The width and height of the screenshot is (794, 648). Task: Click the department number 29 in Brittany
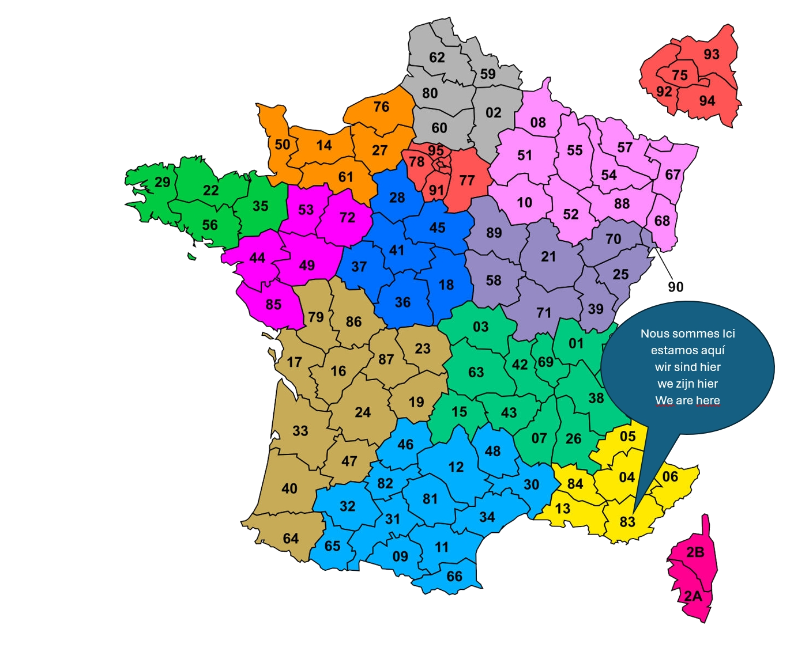[x=163, y=182]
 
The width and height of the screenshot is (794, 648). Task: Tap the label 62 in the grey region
[x=437, y=57]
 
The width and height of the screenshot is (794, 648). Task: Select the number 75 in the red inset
[x=680, y=75]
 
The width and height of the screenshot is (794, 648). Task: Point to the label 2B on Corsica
[x=695, y=552]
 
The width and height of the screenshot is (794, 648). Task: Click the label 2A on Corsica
[x=693, y=596]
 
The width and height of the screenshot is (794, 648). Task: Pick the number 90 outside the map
[x=676, y=286]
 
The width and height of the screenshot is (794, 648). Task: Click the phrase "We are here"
[x=687, y=400]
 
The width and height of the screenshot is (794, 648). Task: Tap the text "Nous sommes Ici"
[x=687, y=334]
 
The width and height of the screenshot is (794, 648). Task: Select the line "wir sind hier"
[x=687, y=367]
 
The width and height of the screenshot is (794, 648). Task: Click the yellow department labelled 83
[x=627, y=521]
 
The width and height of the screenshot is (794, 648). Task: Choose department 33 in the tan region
[x=300, y=430]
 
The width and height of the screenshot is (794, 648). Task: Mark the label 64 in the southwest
[x=291, y=538]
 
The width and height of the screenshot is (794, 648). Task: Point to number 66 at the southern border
[x=454, y=576]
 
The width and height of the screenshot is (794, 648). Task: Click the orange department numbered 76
[x=381, y=107]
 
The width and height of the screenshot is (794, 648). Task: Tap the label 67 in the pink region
[x=673, y=174]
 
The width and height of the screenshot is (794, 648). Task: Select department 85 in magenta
[x=273, y=304]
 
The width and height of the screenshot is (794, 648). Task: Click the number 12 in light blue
[x=456, y=467]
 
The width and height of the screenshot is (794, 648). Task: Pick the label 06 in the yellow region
[x=670, y=476]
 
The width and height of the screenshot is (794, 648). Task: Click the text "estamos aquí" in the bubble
[x=687, y=350]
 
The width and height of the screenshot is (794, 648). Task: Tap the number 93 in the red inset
[x=712, y=54]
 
